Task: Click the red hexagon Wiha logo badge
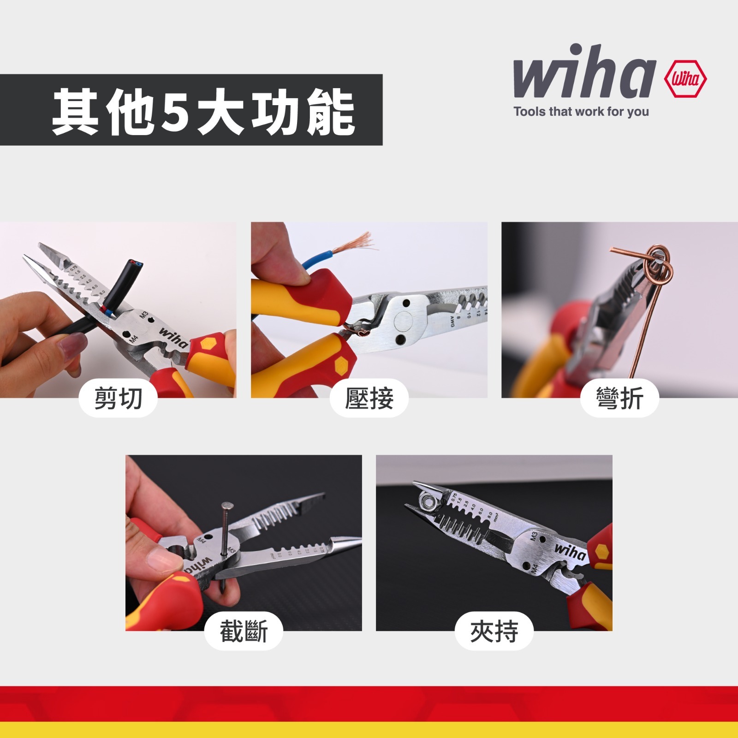pos(685,79)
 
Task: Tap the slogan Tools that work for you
pos(581,112)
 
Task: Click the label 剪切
pos(118,399)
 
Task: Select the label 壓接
pos(369,399)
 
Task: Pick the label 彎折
pos(619,399)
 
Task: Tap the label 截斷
pos(244,631)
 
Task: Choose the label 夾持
pos(494,631)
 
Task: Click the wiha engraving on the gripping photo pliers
pos(570,551)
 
